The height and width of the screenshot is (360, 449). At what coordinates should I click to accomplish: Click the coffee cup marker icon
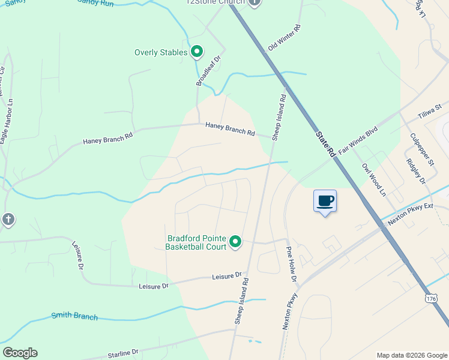point(325,201)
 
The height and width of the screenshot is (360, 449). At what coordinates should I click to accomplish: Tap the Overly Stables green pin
point(197,52)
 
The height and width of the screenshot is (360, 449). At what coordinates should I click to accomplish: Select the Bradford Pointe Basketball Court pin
point(235,242)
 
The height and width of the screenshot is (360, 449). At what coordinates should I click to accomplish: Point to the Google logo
point(20,353)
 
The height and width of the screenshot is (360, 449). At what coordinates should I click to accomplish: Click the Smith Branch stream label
point(74,316)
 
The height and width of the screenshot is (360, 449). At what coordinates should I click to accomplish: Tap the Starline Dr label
point(123,353)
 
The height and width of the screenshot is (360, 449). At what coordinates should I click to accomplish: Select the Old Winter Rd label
point(284,38)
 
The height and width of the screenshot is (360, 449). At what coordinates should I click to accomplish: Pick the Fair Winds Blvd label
point(358,140)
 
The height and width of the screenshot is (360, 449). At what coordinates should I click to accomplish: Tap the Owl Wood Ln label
point(372,178)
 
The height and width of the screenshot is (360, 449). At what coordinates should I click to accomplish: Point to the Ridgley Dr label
point(415,171)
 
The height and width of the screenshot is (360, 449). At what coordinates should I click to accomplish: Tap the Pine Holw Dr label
point(292,264)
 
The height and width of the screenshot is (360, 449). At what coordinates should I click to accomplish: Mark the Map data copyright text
point(411,355)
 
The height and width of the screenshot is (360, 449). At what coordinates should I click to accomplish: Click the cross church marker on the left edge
point(7,219)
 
